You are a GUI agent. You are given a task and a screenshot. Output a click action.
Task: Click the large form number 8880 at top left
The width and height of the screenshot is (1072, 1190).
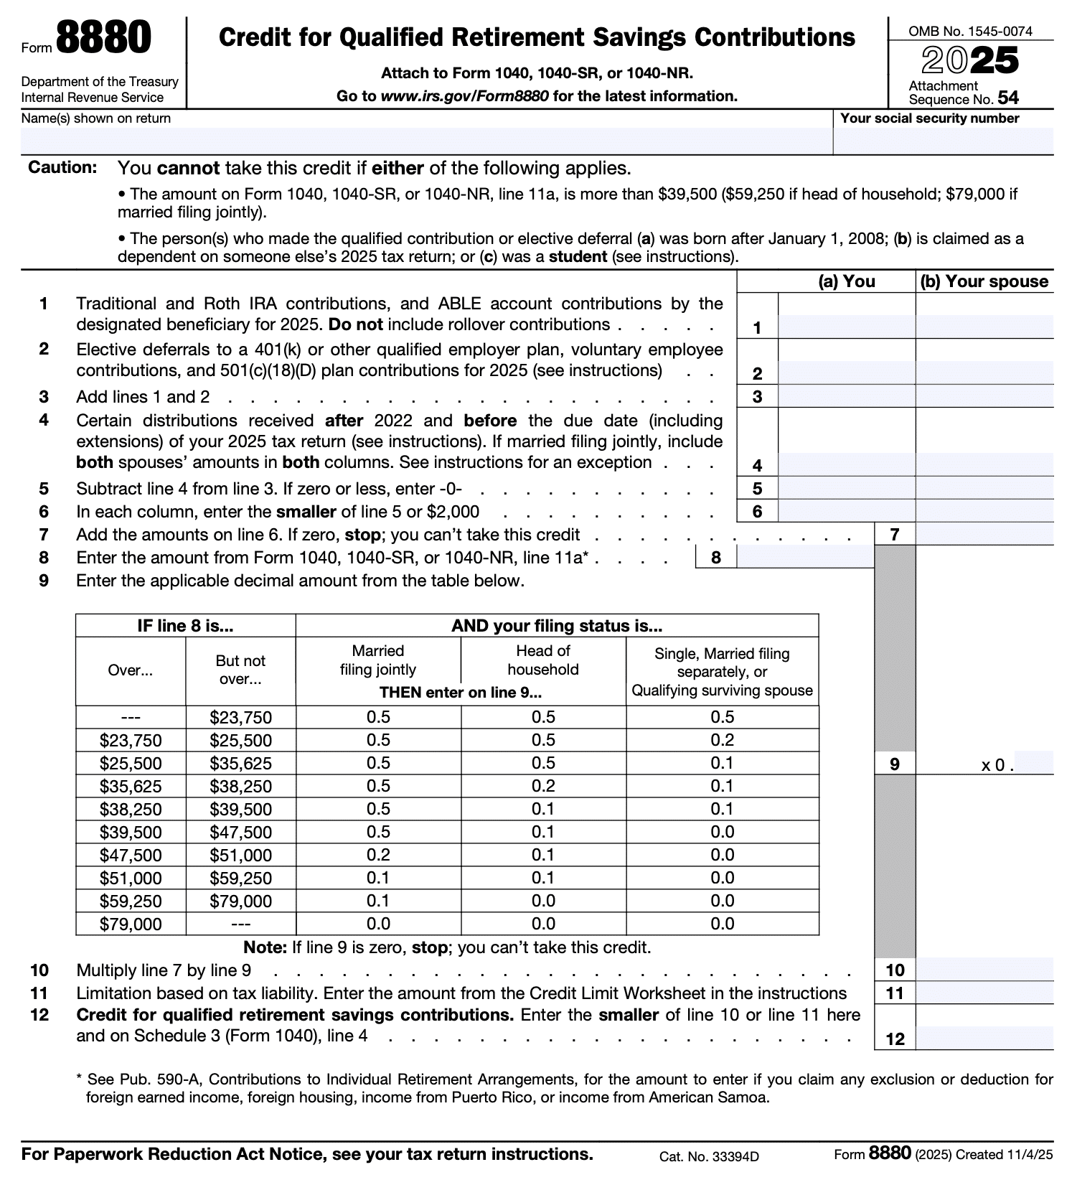click(x=103, y=38)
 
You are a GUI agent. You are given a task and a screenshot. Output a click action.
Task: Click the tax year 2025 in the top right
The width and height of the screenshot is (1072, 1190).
click(x=970, y=60)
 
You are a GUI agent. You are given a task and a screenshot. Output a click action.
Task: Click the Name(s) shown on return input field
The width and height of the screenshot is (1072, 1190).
click(x=426, y=141)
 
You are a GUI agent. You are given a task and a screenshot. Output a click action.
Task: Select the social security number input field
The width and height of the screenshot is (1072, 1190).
click(x=943, y=141)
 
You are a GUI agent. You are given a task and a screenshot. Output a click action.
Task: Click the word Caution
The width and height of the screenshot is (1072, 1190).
click(x=62, y=168)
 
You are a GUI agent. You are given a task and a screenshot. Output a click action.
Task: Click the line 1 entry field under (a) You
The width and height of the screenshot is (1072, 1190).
click(x=847, y=327)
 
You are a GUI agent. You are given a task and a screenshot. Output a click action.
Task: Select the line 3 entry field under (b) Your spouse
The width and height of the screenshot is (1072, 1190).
click(x=984, y=396)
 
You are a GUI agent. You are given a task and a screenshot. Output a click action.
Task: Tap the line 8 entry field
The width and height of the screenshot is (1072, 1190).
click(x=805, y=557)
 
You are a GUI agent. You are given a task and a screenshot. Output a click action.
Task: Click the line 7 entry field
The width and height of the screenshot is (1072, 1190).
click(x=984, y=534)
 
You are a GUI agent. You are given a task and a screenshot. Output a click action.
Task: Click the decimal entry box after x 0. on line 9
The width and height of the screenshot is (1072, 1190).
click(x=1034, y=764)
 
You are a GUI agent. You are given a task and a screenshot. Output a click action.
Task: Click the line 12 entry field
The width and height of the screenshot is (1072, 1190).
click(x=984, y=1038)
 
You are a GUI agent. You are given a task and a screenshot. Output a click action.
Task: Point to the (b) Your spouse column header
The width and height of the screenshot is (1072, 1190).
click(x=984, y=281)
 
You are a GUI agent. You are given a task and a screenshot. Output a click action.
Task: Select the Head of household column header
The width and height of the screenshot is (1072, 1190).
click(x=543, y=660)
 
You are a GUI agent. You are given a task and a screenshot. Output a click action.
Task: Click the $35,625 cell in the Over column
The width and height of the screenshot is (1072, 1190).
click(x=131, y=786)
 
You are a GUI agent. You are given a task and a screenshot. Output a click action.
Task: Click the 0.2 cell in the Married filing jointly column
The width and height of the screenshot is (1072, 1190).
click(x=378, y=855)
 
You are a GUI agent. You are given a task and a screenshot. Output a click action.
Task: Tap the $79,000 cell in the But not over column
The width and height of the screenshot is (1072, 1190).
click(x=240, y=901)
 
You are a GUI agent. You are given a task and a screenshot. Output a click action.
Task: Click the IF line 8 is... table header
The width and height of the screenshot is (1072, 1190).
click(x=185, y=626)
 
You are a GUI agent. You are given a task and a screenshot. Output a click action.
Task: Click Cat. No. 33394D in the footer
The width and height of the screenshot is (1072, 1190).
click(x=709, y=1156)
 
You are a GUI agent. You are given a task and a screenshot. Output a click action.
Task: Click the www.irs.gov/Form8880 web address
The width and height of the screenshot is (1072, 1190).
click(x=464, y=96)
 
